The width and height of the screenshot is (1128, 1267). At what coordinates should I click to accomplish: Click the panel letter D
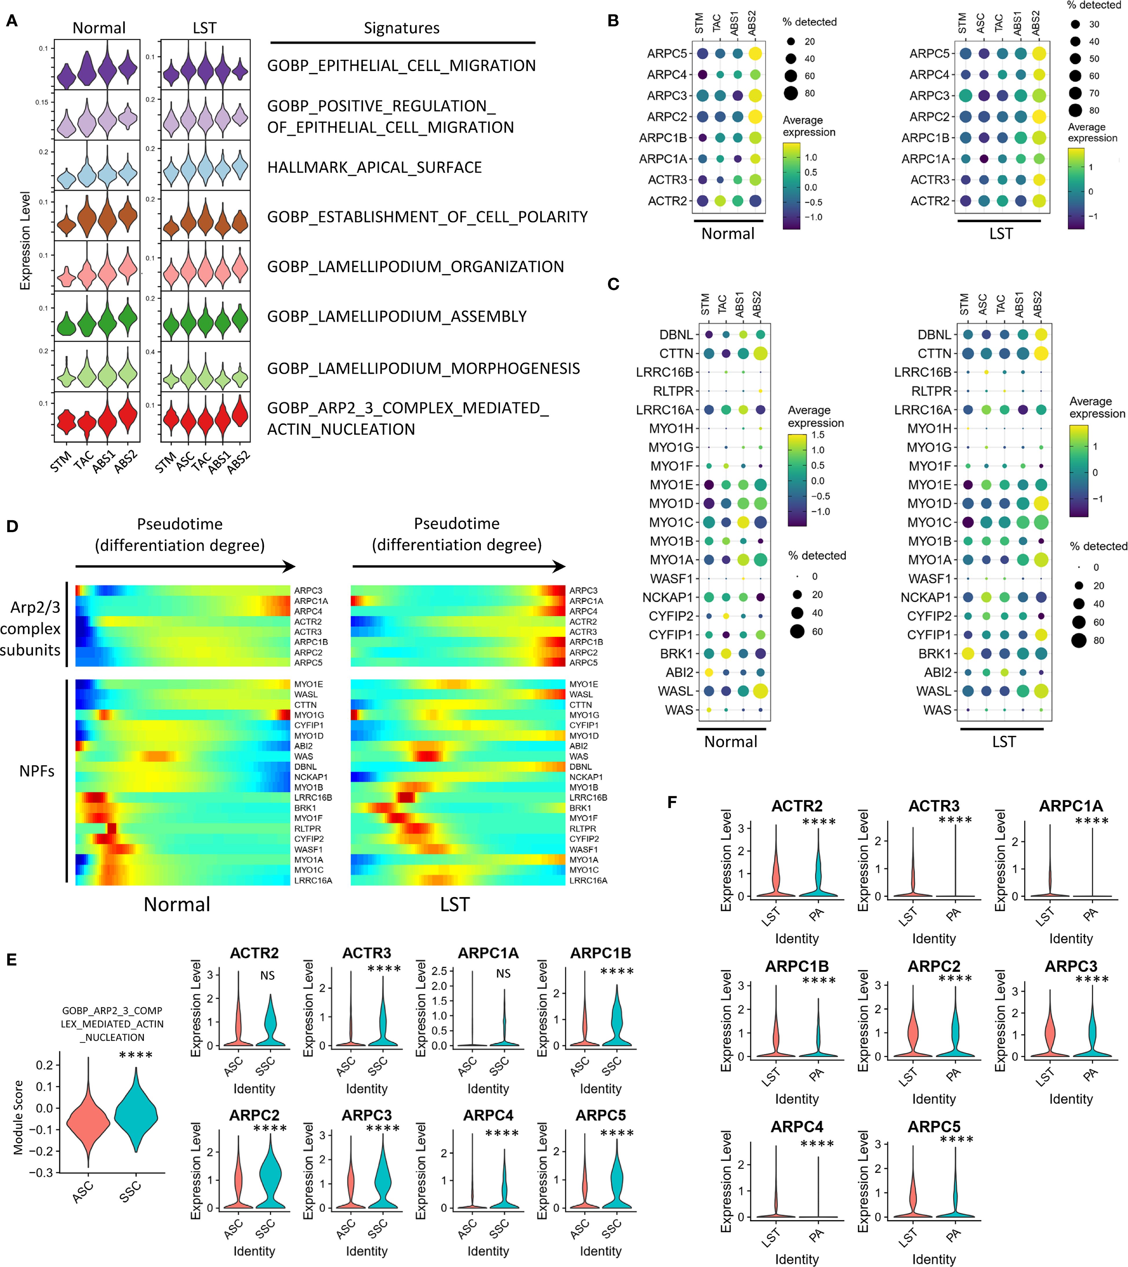pyautogui.click(x=12, y=526)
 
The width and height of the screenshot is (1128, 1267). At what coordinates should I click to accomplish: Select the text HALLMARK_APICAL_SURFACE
pyautogui.click(x=374, y=167)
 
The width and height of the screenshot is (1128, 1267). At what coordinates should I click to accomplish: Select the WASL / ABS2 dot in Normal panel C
pyautogui.click(x=760, y=691)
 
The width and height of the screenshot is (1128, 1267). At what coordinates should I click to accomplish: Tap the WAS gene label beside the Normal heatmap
pyautogui.click(x=304, y=756)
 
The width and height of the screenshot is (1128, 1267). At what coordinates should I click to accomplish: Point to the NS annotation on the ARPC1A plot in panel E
pyautogui.click(x=503, y=974)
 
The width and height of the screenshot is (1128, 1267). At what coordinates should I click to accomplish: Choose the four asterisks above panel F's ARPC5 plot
pyautogui.click(x=956, y=1139)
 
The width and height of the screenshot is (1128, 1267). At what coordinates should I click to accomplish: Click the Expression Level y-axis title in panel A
pyautogui.click(x=25, y=241)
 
